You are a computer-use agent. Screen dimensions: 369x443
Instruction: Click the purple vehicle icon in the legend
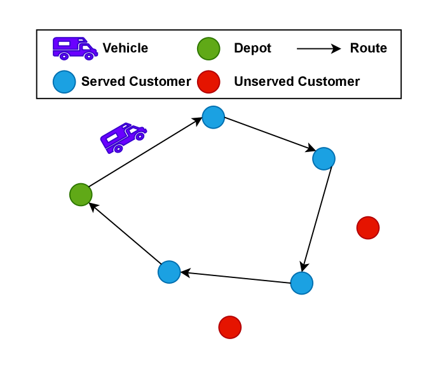click(x=74, y=48)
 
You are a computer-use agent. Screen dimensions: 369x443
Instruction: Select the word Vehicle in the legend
click(x=125, y=48)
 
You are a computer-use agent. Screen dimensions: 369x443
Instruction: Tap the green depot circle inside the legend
click(x=208, y=48)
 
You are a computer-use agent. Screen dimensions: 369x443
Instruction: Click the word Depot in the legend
click(x=252, y=48)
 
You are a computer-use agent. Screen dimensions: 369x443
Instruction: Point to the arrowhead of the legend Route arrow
click(x=336, y=48)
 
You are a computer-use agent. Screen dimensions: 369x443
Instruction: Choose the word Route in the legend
click(x=368, y=48)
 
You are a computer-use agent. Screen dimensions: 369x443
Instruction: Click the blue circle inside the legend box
click(x=64, y=81)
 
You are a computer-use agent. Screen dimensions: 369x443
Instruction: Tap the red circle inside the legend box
click(x=208, y=81)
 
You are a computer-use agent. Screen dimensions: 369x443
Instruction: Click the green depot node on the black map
click(x=81, y=195)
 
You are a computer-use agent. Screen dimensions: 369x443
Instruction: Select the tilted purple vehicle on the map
click(x=123, y=137)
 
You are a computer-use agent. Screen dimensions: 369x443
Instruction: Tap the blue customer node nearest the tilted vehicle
click(x=213, y=117)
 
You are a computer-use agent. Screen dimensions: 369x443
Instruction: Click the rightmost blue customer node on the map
click(x=324, y=158)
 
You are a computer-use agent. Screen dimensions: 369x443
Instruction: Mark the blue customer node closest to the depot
click(x=169, y=272)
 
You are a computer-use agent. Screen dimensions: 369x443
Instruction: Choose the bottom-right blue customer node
click(x=301, y=283)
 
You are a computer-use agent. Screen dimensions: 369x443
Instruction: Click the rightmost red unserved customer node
click(x=367, y=228)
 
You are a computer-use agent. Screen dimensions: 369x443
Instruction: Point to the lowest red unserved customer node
click(x=229, y=327)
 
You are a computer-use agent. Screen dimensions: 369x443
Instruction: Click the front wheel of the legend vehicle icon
click(x=89, y=57)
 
